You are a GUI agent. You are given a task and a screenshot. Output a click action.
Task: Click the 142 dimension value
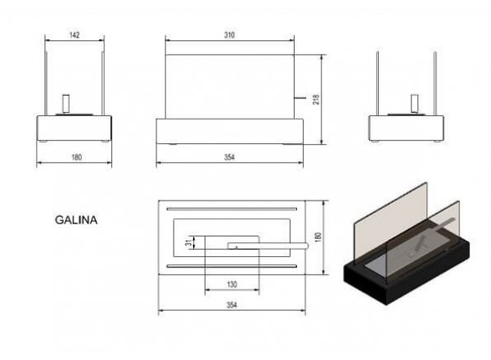(x=74, y=34)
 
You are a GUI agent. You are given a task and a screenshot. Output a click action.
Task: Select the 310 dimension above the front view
(x=229, y=35)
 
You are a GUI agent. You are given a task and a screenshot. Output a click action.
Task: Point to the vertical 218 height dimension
(x=316, y=99)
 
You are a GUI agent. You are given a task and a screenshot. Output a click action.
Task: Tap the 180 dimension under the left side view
(x=77, y=157)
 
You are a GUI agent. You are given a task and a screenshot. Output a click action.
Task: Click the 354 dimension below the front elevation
(x=229, y=157)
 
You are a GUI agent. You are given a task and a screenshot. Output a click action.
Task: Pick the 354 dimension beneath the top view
(x=232, y=305)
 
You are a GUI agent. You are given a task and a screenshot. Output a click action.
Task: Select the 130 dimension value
(x=232, y=284)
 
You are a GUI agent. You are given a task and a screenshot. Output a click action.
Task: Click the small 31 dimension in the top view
(x=188, y=243)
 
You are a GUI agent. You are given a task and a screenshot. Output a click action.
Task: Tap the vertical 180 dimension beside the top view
(x=318, y=237)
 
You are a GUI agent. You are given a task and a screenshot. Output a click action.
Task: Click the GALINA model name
(x=76, y=220)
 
